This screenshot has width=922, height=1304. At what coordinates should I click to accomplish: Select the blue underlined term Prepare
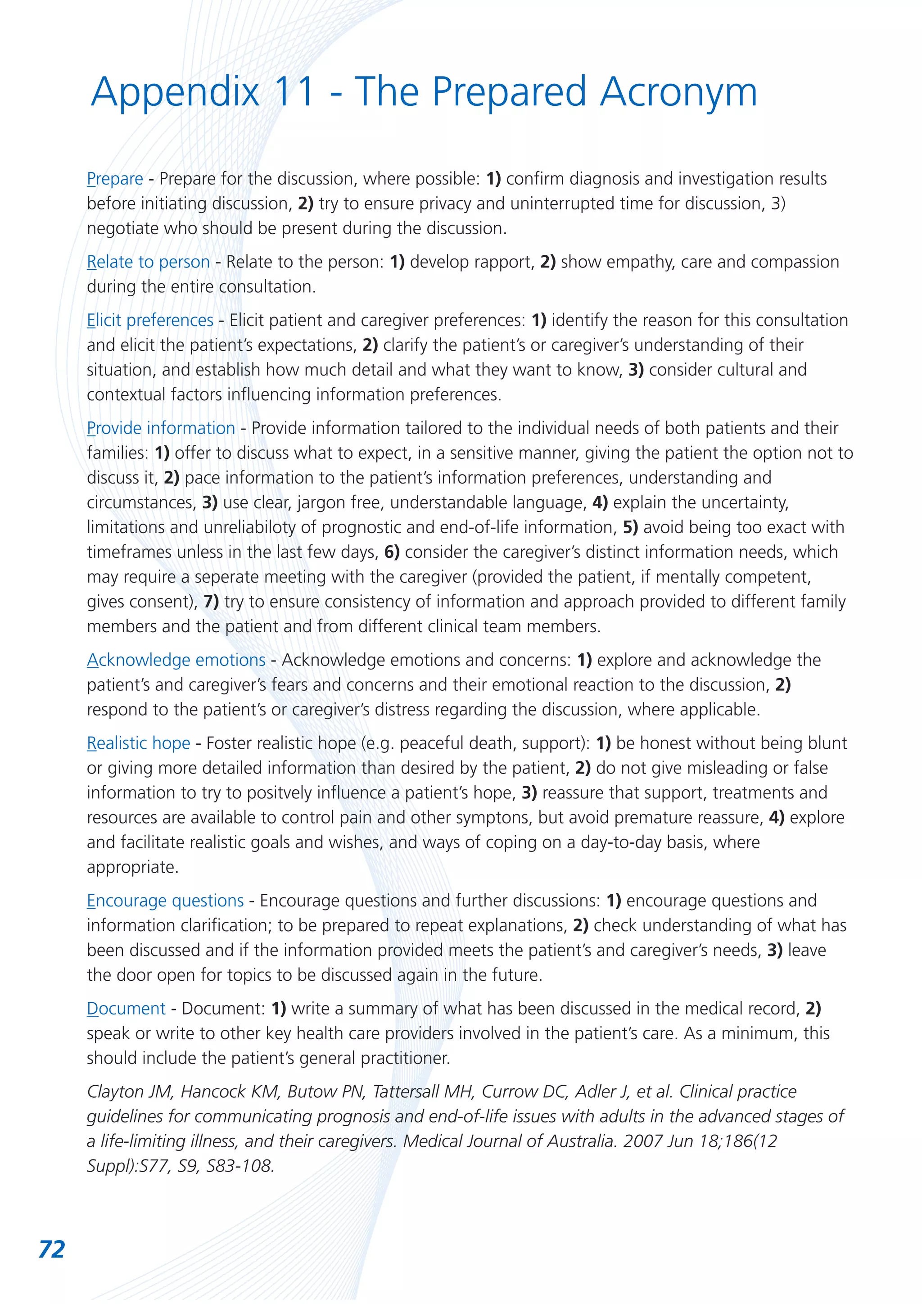point(115,179)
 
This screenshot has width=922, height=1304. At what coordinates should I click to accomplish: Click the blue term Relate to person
point(148,262)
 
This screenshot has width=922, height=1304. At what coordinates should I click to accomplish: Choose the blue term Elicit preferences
point(150,320)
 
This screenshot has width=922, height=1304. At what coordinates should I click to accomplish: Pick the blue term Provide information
point(161,428)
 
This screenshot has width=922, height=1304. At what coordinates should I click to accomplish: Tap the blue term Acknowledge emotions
point(176,660)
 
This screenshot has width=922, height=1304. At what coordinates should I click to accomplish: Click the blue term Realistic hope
point(139,743)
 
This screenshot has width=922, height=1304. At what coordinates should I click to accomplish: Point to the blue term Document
point(126,1009)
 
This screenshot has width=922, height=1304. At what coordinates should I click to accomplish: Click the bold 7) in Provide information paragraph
point(211,602)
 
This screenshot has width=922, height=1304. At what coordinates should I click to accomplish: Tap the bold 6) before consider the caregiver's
point(392,552)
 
